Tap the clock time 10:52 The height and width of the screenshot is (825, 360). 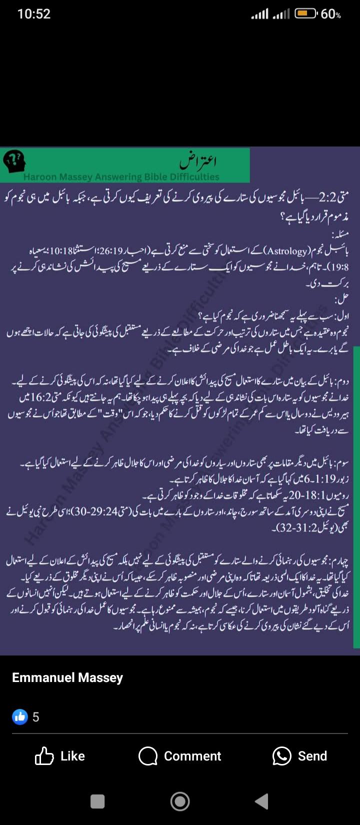click(34, 14)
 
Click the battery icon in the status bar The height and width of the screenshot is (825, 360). click(305, 14)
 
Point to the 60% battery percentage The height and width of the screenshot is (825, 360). click(331, 14)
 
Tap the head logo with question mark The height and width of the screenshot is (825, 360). click(14, 161)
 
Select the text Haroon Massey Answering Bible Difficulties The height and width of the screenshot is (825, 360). click(121, 176)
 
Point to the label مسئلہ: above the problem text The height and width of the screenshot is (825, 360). click(340, 234)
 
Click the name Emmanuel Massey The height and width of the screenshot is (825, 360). click(67, 677)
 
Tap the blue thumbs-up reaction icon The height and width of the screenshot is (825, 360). click(20, 717)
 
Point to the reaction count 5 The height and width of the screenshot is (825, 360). click(35, 717)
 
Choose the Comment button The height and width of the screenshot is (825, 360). click(180, 756)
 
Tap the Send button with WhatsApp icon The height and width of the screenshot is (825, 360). click(299, 756)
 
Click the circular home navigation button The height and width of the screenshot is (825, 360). click(180, 801)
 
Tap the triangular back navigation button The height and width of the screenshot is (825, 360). click(262, 801)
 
